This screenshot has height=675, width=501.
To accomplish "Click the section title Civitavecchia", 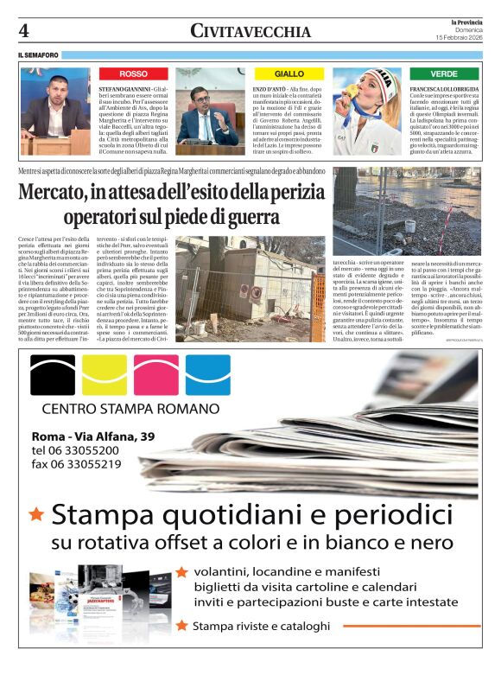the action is click(x=250, y=32).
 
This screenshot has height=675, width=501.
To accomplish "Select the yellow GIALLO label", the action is click(x=289, y=74).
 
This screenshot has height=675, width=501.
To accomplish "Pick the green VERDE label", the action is click(x=444, y=74).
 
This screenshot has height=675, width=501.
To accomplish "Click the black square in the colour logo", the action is click(x=53, y=375).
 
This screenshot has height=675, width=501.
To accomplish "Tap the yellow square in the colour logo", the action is click(x=105, y=375).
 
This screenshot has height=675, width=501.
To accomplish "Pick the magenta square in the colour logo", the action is click(x=156, y=375).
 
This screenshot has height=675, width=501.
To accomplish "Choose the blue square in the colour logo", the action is click(x=207, y=375).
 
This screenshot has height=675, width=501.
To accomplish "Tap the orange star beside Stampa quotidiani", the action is click(x=36, y=514).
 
